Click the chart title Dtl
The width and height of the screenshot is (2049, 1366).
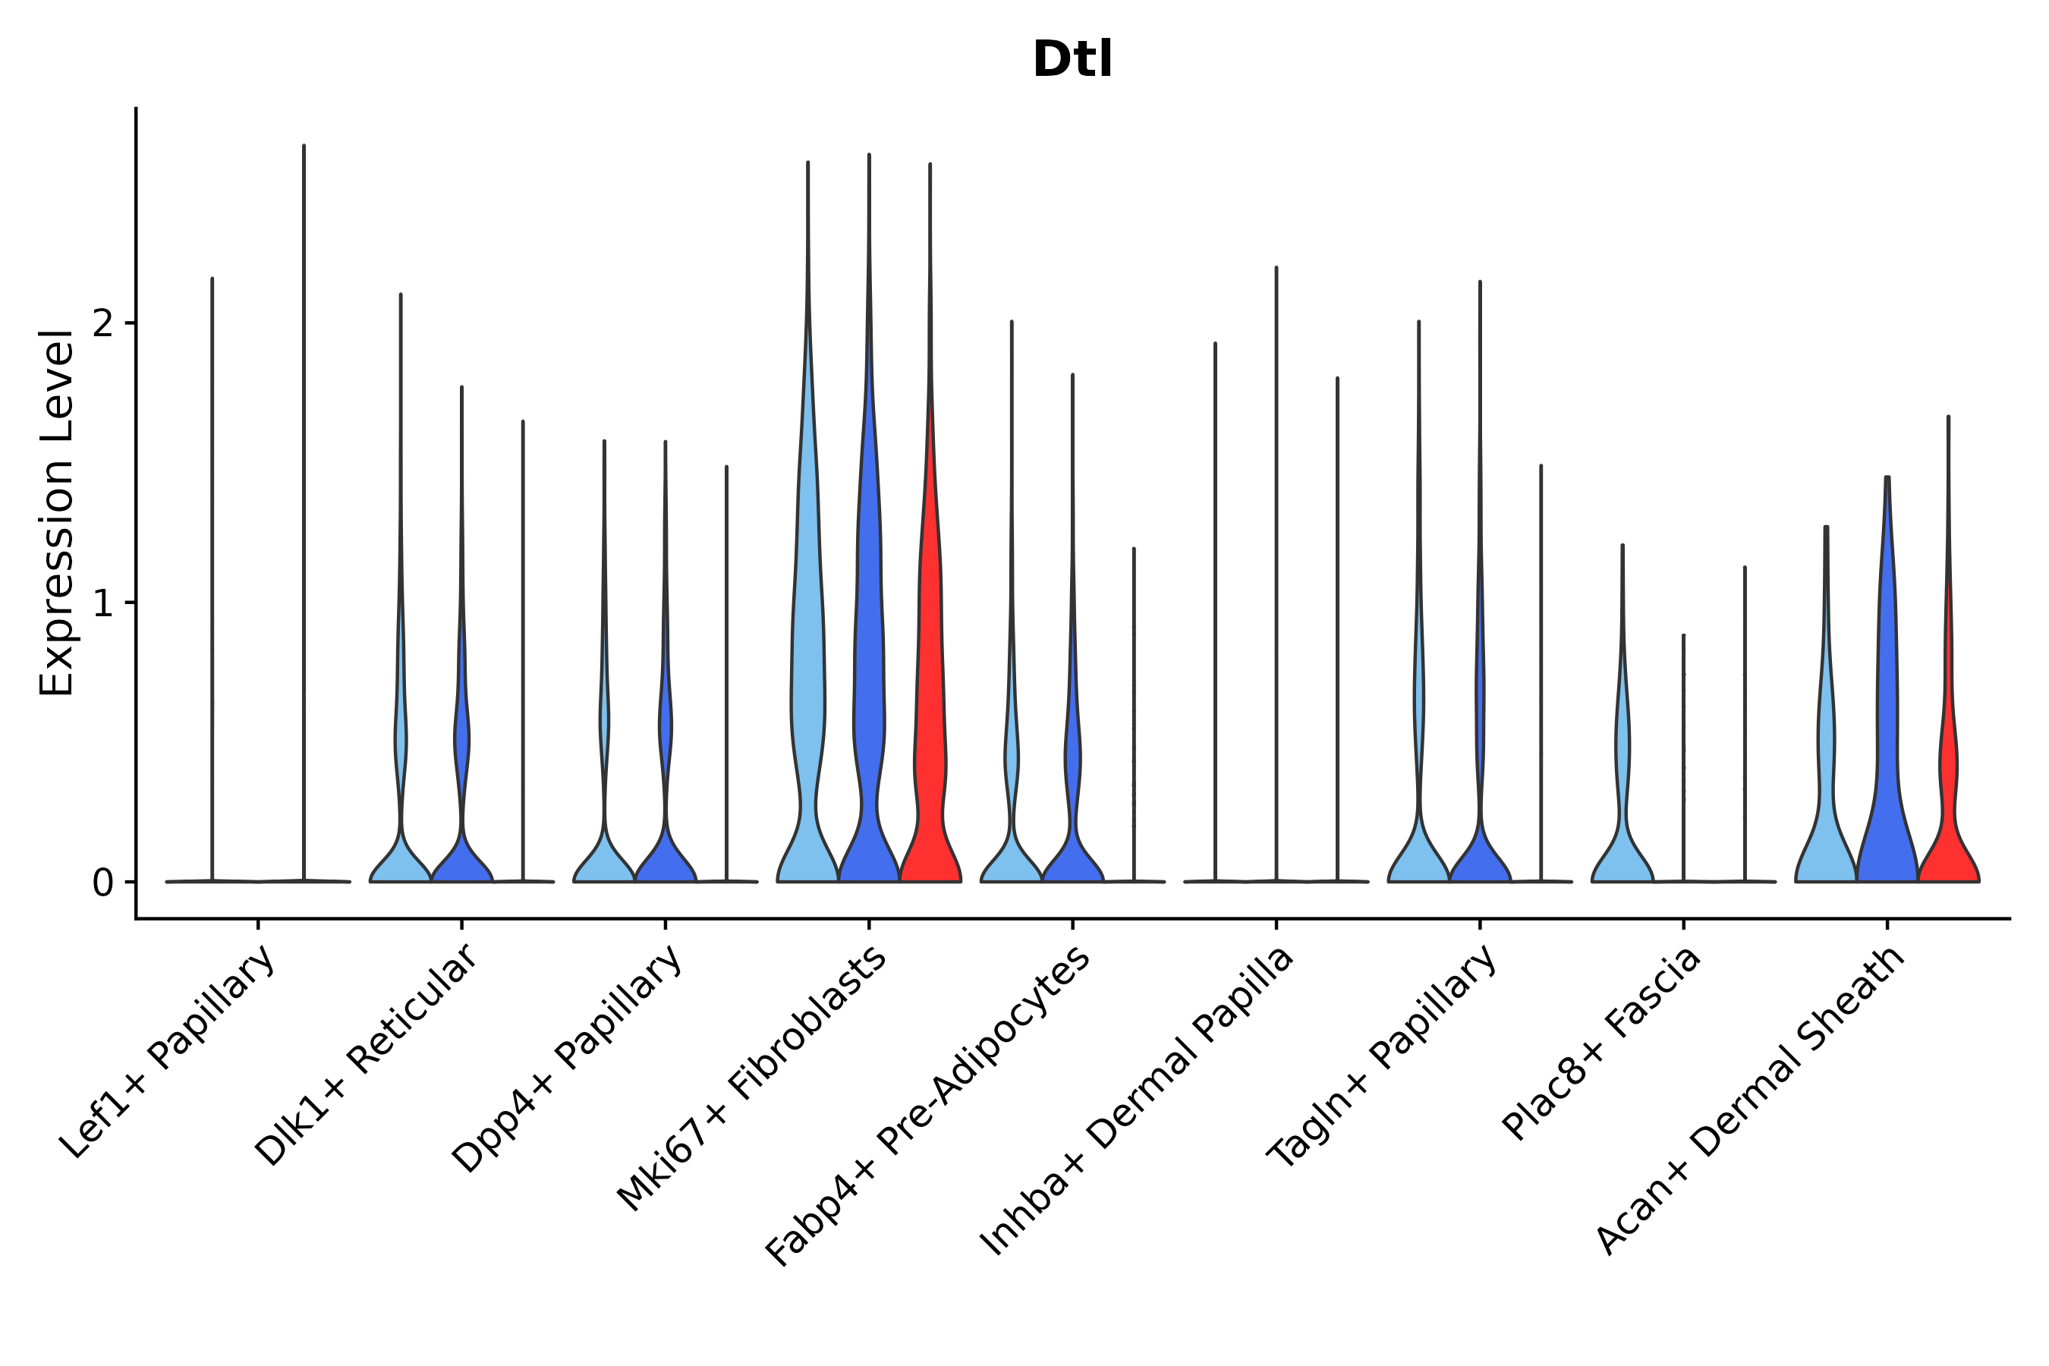click(x=1072, y=60)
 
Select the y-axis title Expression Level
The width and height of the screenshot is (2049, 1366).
click(x=57, y=512)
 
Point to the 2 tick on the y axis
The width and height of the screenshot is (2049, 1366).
click(x=104, y=324)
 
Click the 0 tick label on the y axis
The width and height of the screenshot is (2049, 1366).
click(x=104, y=883)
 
